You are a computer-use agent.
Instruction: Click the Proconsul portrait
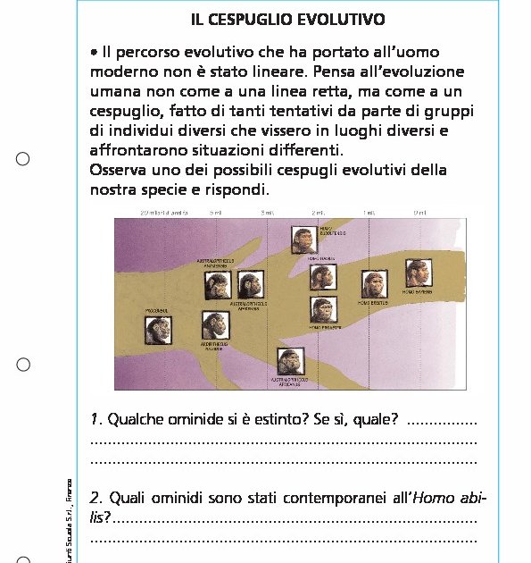159,332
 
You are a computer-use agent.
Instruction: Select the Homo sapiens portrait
418,273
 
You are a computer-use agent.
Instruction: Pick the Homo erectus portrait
374,285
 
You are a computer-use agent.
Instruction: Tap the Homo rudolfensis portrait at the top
304,239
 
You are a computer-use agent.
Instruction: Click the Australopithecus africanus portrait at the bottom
290,362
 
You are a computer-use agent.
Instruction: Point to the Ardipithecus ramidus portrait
214,325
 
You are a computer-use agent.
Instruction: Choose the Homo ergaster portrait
322,310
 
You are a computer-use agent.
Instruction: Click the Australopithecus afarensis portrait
249,286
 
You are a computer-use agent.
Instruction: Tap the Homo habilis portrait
322,276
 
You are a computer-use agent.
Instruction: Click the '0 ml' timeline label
420,212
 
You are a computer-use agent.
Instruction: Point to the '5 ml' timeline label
216,212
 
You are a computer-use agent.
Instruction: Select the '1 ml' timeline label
369,212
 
